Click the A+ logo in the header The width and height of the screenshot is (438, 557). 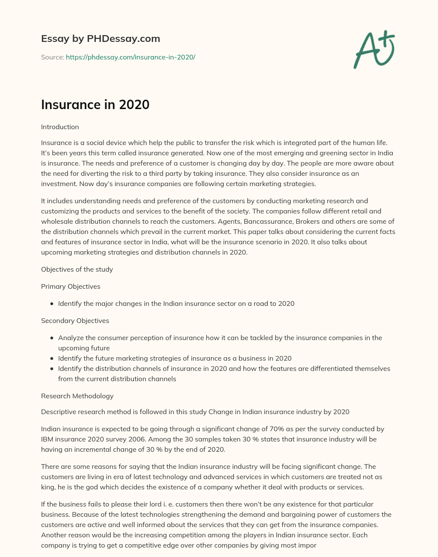click(374, 50)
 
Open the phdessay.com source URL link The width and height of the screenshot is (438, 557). click(130, 57)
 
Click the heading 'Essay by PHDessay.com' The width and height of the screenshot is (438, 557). click(101, 39)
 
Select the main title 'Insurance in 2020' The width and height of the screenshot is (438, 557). click(95, 104)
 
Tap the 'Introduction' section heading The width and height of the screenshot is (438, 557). click(60, 127)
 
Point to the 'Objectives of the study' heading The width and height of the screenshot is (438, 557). click(77, 270)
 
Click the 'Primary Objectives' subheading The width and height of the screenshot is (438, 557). click(71, 287)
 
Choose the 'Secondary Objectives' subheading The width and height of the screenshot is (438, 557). click(75, 321)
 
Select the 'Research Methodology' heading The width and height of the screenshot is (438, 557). click(77, 396)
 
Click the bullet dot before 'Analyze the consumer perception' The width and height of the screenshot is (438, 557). click(52, 338)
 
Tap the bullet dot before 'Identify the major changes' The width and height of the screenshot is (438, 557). click(52, 304)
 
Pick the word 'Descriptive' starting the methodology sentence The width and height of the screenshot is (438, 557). click(59, 412)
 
